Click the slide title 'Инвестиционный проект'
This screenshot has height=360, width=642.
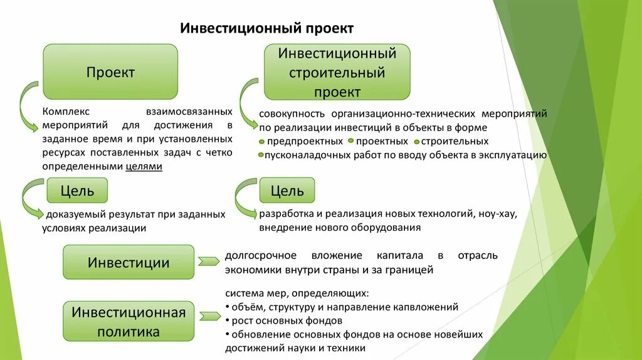click(x=267, y=29)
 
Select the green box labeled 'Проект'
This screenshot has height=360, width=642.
click(x=110, y=71)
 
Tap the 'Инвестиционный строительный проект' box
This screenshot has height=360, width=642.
click(x=337, y=72)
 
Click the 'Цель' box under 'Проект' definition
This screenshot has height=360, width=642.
click(x=78, y=190)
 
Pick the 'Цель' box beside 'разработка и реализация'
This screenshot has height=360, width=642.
click(x=287, y=190)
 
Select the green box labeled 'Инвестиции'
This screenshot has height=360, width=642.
click(x=129, y=262)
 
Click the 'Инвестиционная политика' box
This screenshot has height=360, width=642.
click(x=129, y=321)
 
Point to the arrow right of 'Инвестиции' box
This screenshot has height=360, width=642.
click(x=207, y=262)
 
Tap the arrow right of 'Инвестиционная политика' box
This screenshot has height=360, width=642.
click(x=207, y=314)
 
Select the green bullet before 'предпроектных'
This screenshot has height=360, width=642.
click(x=261, y=142)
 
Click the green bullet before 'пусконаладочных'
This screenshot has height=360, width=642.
click(x=261, y=155)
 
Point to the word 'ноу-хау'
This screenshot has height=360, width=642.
click(x=498, y=214)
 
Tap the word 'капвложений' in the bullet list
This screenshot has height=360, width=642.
click(x=429, y=307)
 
